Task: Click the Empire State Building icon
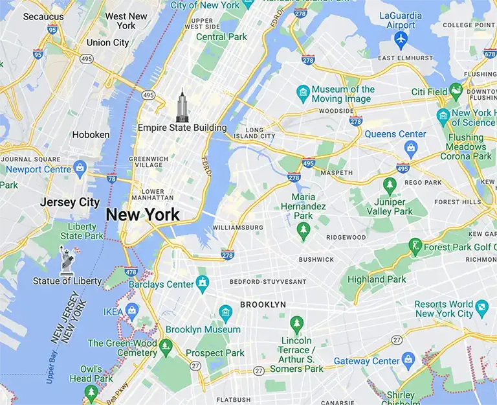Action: coord(182,106)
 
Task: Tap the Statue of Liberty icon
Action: coord(67,262)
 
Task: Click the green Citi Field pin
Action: coord(457,91)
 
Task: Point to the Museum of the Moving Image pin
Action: coord(302,93)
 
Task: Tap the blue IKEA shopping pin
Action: coord(132,312)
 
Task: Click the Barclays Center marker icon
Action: coord(203,283)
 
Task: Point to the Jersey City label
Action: coord(70,202)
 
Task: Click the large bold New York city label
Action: coord(142,215)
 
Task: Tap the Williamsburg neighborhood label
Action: coord(237,227)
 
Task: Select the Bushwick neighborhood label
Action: coord(316,259)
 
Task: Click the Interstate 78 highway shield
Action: coord(111,179)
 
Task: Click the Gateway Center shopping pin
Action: coord(408,360)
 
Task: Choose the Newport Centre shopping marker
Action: coord(80,168)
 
